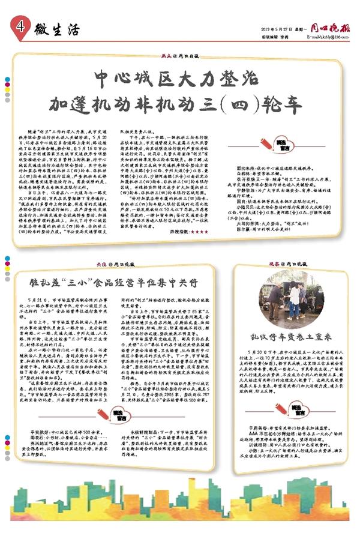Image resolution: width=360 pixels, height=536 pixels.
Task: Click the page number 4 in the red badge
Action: pos(20,26)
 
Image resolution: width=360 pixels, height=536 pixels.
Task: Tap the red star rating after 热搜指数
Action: pos(196,230)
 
